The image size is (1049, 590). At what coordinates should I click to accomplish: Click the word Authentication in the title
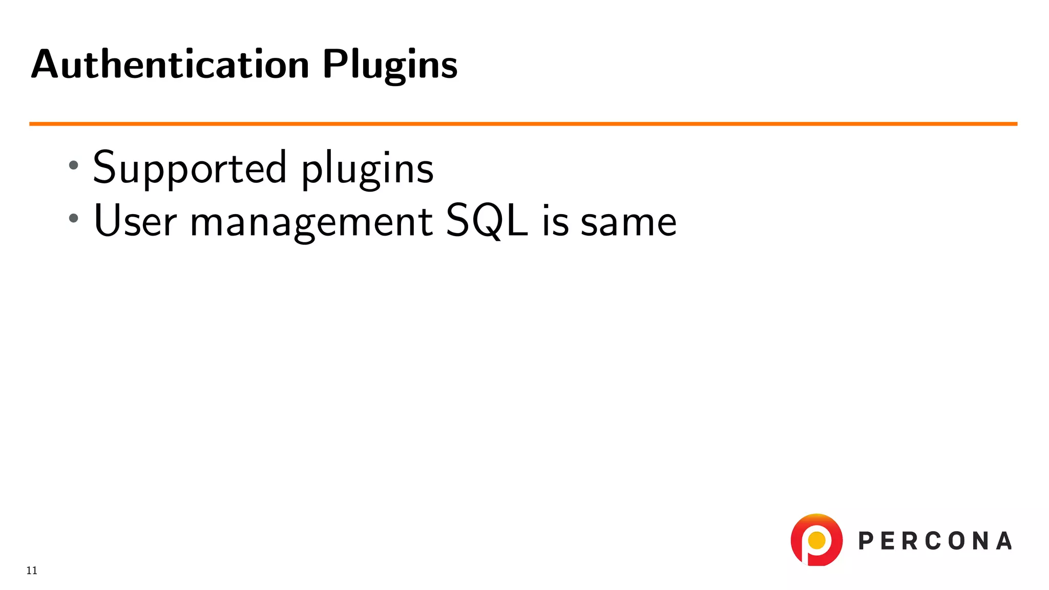pyautogui.click(x=170, y=65)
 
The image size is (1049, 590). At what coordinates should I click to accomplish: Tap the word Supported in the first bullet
pyautogui.click(x=190, y=168)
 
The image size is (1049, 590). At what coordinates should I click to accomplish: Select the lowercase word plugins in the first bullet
pyautogui.click(x=367, y=169)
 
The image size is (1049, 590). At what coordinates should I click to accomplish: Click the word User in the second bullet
pyautogui.click(x=135, y=221)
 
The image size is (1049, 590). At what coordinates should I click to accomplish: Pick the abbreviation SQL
pyautogui.click(x=487, y=221)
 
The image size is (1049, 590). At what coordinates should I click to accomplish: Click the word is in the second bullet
pyautogui.click(x=555, y=222)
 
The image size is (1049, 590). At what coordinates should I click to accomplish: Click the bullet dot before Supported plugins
pyautogui.click(x=74, y=165)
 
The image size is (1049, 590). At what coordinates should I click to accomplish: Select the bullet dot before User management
pyautogui.click(x=74, y=218)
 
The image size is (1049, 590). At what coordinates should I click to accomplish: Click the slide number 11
pyautogui.click(x=32, y=571)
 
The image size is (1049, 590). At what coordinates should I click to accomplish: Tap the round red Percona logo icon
pyautogui.click(x=816, y=540)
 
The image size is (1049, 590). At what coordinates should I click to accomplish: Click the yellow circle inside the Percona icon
pyautogui.click(x=816, y=540)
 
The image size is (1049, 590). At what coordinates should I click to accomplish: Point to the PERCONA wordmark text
pyautogui.click(x=935, y=541)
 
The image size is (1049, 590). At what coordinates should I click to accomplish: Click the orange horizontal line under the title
pyautogui.click(x=522, y=124)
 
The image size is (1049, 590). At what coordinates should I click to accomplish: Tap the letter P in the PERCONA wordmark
pyautogui.click(x=866, y=541)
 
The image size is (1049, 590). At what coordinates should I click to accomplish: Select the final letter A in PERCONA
pyautogui.click(x=1004, y=541)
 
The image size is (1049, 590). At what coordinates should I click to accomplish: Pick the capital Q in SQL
pyautogui.click(x=487, y=222)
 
